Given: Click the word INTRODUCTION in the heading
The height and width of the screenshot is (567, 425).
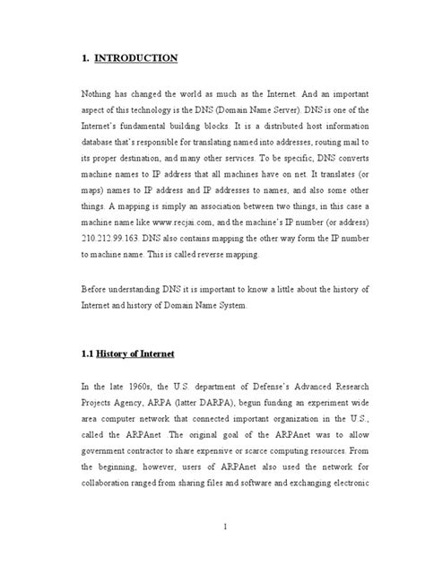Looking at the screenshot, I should point(138,59).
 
